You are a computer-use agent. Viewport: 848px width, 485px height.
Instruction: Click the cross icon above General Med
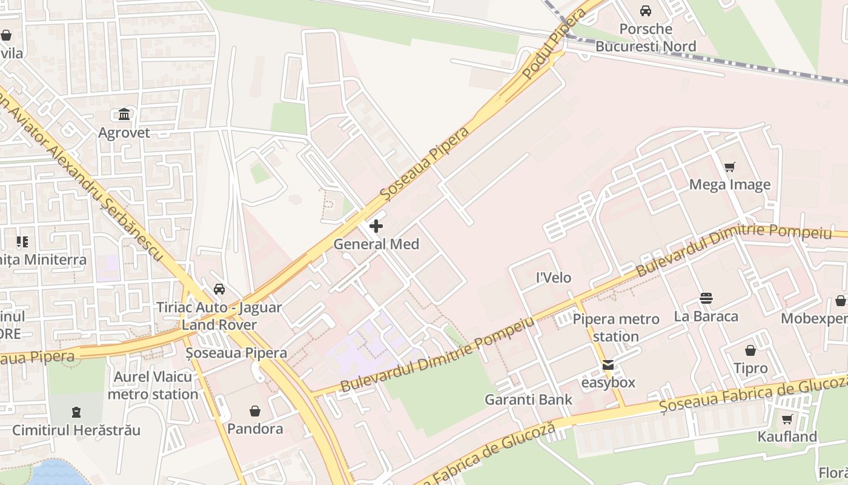pyautogui.click(x=376, y=226)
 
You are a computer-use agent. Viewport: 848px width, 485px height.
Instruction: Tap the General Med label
pyautogui.click(x=376, y=244)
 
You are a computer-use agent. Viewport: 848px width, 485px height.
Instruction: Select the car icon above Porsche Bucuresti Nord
pyautogui.click(x=646, y=11)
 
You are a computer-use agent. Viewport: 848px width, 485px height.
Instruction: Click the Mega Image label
pyautogui.click(x=730, y=185)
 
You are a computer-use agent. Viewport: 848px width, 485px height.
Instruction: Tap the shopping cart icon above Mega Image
pyautogui.click(x=730, y=167)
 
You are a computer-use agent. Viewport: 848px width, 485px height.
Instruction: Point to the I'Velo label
pyautogui.click(x=554, y=278)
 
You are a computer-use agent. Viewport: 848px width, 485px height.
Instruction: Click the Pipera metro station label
pyautogui.click(x=616, y=327)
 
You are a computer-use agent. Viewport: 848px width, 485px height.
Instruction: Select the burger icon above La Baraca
pyautogui.click(x=706, y=298)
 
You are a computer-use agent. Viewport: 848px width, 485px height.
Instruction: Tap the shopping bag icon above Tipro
pyautogui.click(x=750, y=350)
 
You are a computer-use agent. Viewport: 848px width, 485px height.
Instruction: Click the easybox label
pyautogui.click(x=608, y=383)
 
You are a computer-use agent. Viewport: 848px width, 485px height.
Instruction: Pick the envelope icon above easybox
pyautogui.click(x=608, y=365)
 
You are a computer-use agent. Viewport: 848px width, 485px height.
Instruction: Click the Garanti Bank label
pyautogui.click(x=528, y=400)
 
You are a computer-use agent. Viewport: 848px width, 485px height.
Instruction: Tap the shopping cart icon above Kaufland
pyautogui.click(x=787, y=419)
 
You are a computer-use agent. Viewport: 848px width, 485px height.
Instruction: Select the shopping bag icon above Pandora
pyautogui.click(x=255, y=411)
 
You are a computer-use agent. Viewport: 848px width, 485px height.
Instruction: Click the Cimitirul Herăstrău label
pyautogui.click(x=76, y=430)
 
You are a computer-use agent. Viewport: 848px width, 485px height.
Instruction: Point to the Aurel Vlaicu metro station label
pyautogui.click(x=153, y=386)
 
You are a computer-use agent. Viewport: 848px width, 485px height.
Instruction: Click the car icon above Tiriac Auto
pyautogui.click(x=219, y=289)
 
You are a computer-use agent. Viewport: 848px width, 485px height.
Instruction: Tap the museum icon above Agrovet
pyautogui.click(x=124, y=115)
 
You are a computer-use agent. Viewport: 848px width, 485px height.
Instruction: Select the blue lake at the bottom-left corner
pyautogui.click(x=58, y=473)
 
